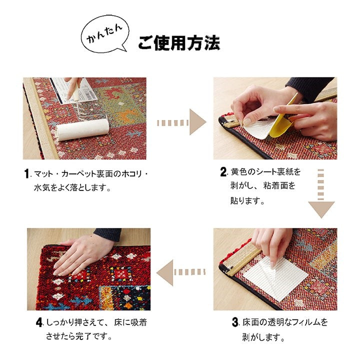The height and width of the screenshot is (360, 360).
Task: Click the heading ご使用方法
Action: point(178,43)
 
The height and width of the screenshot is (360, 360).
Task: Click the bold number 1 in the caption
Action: point(27,174)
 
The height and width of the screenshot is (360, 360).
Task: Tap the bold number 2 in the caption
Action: point(223,172)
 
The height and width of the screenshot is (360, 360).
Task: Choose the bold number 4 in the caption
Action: point(39,322)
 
